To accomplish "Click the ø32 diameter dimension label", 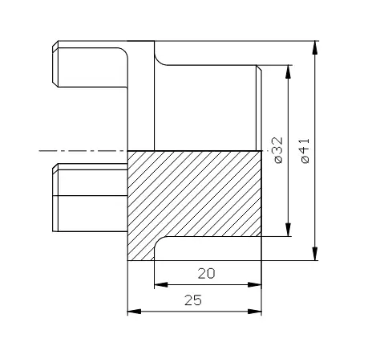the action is point(278,150).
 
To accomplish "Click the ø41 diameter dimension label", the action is point(305,150).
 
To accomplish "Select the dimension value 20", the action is point(206,274).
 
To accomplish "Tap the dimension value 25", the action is point(193,300).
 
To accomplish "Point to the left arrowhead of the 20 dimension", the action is point(161,284).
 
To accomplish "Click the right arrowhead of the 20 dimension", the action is point(255,284).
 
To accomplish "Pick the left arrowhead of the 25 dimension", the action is point(134,312).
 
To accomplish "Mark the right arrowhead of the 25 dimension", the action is point(255,312).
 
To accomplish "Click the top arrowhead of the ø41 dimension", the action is point(315,47).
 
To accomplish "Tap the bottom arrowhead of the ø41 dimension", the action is point(315,254).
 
